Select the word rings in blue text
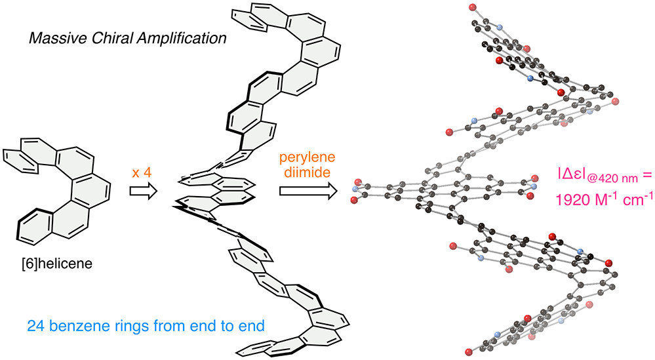point(122,325)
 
